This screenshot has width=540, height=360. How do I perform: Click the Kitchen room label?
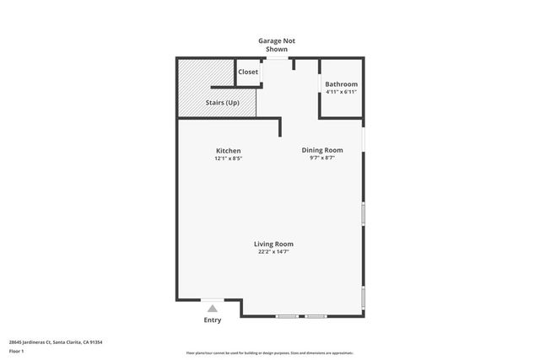click(x=228, y=150)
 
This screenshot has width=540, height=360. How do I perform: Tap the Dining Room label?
click(x=322, y=150)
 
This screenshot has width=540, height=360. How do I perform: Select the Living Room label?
click(x=274, y=244)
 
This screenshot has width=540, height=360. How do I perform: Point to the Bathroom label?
click(x=342, y=84)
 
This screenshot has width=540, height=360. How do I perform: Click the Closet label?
click(x=248, y=72)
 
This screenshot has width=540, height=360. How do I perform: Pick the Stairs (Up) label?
click(x=223, y=103)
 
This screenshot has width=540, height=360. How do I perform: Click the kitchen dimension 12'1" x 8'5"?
click(x=228, y=159)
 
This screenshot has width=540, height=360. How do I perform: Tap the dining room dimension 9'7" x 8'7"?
click(x=322, y=158)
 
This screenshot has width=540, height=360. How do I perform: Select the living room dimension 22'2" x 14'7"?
click(x=274, y=251)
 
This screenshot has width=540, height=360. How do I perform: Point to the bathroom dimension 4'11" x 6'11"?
click(x=342, y=92)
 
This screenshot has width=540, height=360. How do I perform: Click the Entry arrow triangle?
click(x=213, y=309)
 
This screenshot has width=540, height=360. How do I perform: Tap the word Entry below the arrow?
click(x=213, y=320)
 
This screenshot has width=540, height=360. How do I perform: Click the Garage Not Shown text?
click(x=277, y=45)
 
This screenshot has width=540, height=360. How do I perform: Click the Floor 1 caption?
click(x=17, y=351)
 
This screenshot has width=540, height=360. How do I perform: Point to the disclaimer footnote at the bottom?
click(x=269, y=352)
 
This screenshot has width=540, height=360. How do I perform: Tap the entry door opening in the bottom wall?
click(x=213, y=299)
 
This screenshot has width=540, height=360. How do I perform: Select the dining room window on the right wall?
click(x=364, y=137)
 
